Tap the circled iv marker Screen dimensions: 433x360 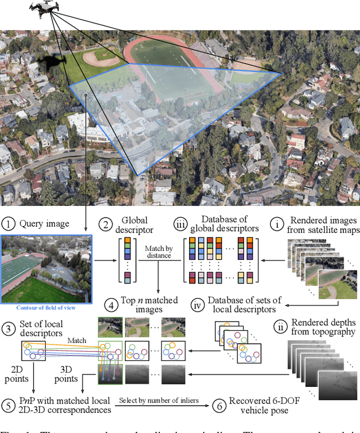click(198, 307)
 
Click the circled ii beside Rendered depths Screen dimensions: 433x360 click(280, 326)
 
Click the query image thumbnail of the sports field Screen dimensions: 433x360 click(44, 268)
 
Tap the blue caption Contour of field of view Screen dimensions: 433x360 click(45, 307)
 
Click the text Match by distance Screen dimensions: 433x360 click(158, 251)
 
